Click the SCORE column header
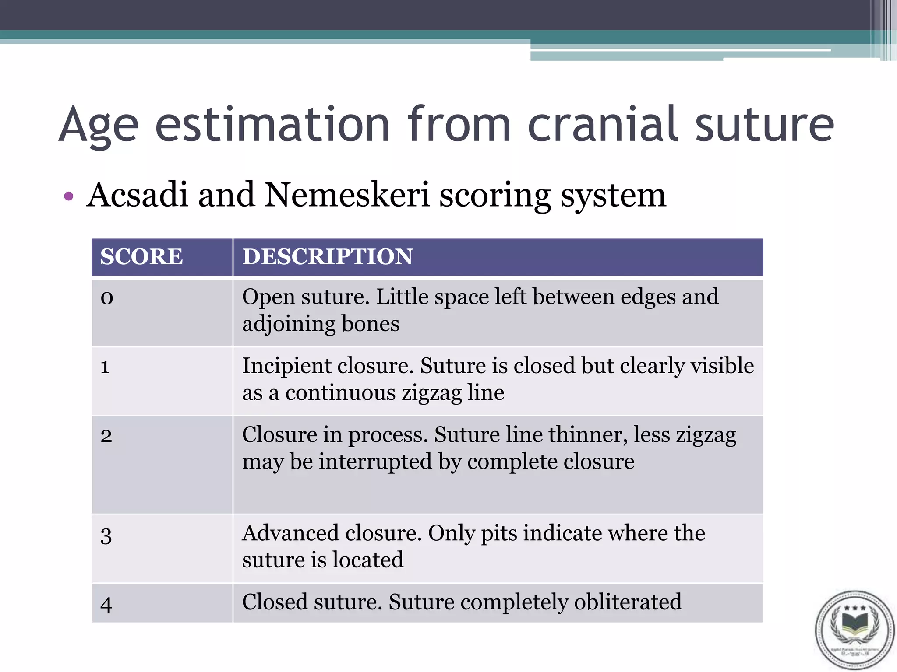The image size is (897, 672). coord(141,257)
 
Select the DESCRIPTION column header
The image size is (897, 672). coord(327,257)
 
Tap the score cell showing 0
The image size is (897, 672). coord(107,298)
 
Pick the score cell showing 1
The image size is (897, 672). coord(105,367)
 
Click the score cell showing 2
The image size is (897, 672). coord(106,436)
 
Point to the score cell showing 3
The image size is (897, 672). coord(106,535)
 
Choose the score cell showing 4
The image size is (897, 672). coord(106,605)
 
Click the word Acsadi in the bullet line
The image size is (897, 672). coord(138,195)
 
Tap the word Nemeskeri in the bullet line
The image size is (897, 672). coord(347,195)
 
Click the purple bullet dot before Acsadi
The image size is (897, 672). coord(68,196)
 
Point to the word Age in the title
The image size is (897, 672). coord(99,126)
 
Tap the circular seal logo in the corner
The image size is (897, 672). coord(855,630)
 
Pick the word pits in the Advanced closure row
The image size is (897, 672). coord(499,534)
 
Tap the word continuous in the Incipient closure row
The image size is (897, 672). coord(340,392)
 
